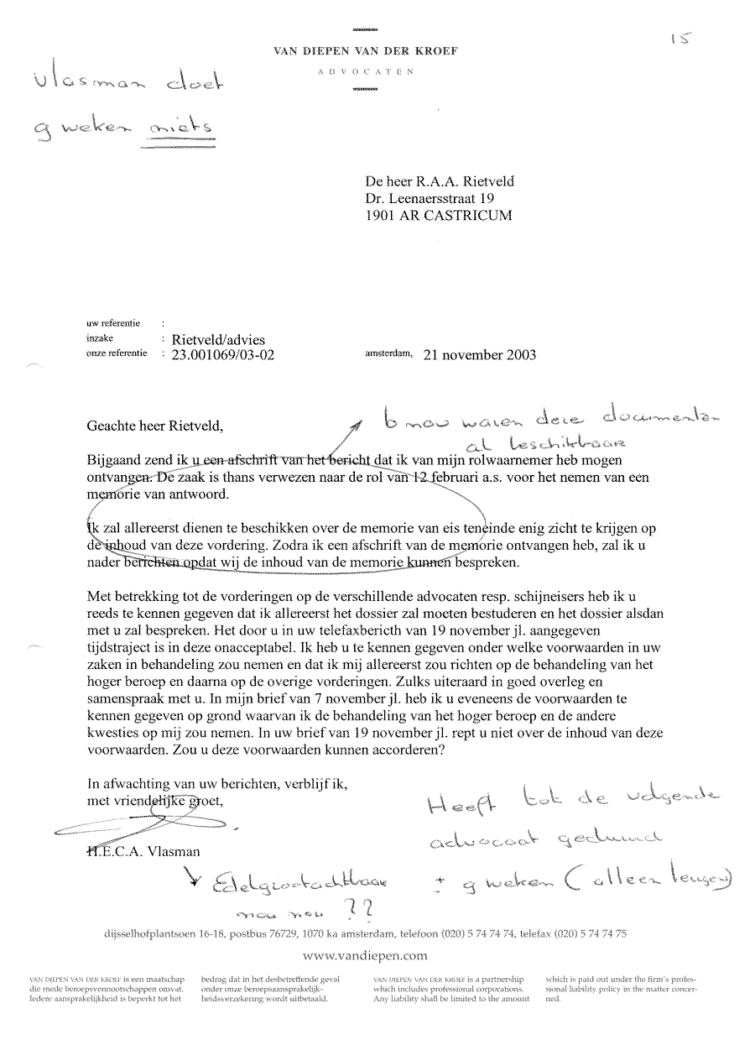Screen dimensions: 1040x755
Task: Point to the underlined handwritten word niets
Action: pyautogui.click(x=180, y=129)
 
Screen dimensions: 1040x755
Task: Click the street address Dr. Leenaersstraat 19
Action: pyautogui.click(x=430, y=198)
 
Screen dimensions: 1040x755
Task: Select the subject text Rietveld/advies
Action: pyautogui.click(x=218, y=339)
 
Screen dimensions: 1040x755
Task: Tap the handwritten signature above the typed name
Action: pyautogui.click(x=143, y=828)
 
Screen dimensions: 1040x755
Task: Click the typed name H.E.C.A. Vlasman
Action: pyautogui.click(x=143, y=852)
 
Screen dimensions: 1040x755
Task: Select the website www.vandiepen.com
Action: pyautogui.click(x=365, y=954)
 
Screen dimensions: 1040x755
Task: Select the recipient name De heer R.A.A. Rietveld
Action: pyautogui.click(x=439, y=181)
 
